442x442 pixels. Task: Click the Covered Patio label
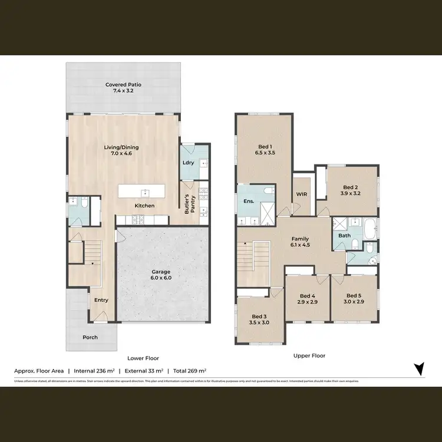[123, 88]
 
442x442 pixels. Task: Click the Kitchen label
[144, 206]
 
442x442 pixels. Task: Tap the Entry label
[101, 300]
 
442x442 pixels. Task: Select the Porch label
[90, 338]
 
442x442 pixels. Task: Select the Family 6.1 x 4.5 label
[301, 242]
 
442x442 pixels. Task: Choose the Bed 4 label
[307, 299]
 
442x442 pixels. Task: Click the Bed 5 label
[354, 299]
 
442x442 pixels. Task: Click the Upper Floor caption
[309, 355]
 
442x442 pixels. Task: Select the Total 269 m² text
[189, 371]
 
